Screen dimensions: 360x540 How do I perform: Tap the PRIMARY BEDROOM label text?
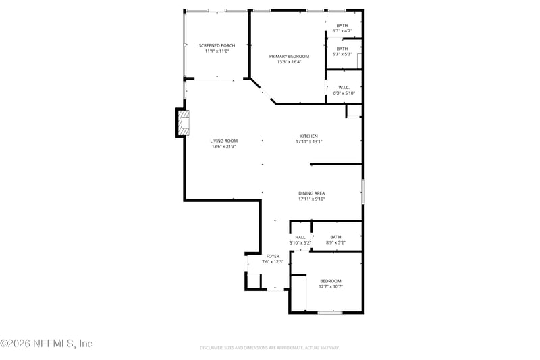289,56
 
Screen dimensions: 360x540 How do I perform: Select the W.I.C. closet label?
343,87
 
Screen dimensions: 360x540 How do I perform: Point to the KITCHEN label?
308,136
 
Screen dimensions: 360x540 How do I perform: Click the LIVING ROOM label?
224,140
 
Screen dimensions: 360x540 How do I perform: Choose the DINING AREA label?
311,193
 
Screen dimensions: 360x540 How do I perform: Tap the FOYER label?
273,256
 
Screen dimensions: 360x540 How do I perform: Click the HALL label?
300,237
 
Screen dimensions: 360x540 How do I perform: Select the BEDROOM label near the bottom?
330,280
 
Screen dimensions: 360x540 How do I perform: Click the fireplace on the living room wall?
183,122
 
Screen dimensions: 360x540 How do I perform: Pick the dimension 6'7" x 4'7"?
342,31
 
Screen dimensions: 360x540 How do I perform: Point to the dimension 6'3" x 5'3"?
342,54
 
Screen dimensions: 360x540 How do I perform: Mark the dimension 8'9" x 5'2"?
335,242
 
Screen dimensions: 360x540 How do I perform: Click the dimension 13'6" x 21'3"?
224,147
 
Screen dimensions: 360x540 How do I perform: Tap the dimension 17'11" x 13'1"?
308,142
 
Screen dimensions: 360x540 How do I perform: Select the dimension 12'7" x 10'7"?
330,286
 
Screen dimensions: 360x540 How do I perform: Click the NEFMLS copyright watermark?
47,344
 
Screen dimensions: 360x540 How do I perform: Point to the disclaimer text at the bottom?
269,348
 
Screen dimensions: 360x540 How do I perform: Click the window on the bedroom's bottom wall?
329,312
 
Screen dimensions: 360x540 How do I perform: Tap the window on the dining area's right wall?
362,192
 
